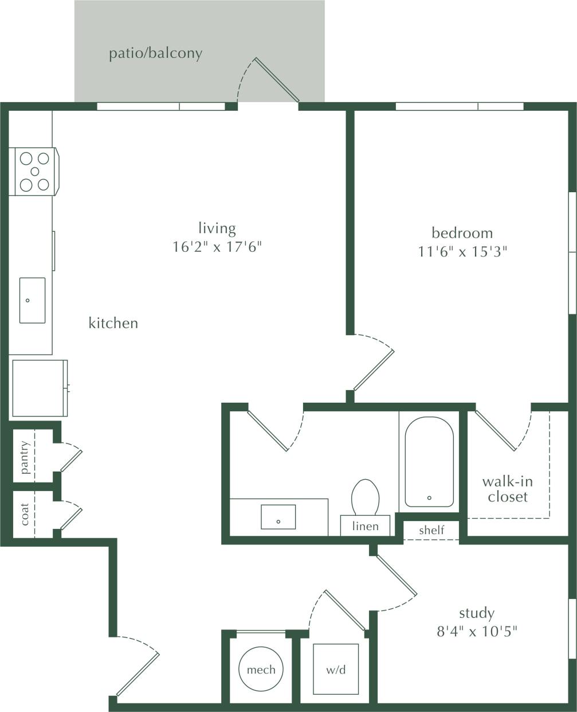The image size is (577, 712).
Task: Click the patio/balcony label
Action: (156, 54)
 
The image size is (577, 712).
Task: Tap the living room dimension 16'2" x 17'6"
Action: (217, 247)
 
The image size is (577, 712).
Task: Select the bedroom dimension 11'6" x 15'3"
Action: (463, 251)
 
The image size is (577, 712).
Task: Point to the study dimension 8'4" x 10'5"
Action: (477, 632)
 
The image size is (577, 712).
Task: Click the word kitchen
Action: (113, 323)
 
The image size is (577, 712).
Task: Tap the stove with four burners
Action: (34, 172)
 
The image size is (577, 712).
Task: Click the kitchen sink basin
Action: (32, 300)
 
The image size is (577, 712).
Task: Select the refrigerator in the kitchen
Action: (39, 388)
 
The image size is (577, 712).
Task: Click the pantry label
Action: (25, 457)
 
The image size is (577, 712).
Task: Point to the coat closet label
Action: (25, 514)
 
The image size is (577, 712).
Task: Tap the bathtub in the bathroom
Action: (429, 462)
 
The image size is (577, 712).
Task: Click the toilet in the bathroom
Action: (366, 497)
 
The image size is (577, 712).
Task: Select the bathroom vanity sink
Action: (278, 516)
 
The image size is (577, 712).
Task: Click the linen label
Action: (365, 526)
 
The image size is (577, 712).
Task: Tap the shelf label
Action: (431, 530)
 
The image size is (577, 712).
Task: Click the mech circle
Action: (261, 670)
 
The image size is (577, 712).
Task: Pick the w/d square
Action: (336, 670)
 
